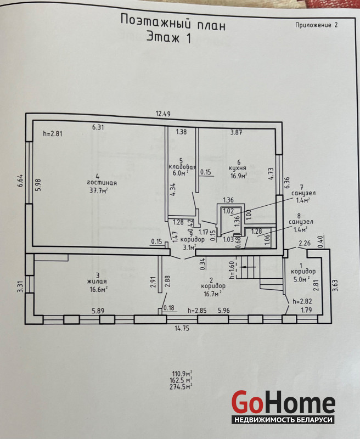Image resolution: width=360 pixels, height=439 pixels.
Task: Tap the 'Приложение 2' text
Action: coord(316,25)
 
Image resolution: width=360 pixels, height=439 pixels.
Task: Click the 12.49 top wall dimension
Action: coord(163,114)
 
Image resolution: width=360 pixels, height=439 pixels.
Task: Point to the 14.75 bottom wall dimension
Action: coord(182,328)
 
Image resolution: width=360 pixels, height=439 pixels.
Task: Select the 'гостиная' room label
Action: coord(102,183)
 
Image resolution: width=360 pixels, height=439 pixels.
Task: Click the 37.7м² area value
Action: coord(99,191)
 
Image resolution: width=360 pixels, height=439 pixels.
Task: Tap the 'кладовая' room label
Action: coord(182,167)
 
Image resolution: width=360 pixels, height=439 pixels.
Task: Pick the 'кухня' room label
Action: coord(238,168)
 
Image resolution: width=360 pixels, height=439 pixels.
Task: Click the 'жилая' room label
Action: coord(97,282)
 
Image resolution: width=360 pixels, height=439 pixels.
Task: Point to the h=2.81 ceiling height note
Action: coord(53,133)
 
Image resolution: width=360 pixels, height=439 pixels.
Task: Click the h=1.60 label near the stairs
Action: coord(232,270)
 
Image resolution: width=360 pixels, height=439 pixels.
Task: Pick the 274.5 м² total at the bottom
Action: coord(181,387)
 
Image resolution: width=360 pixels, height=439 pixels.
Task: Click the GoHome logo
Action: coord(283,403)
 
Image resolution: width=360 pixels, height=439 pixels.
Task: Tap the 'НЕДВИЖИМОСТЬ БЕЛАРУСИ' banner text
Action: coord(283,420)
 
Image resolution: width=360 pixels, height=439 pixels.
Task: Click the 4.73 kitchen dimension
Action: coord(271,173)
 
